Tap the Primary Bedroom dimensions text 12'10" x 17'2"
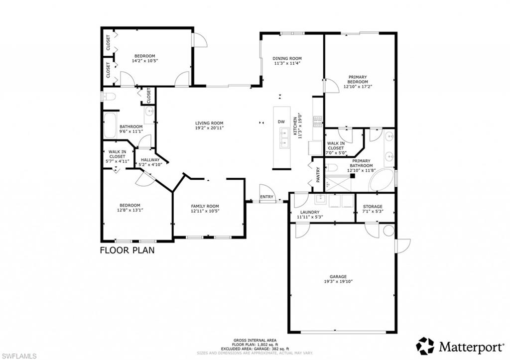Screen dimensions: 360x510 pos(358,87)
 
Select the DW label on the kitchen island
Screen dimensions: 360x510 pos(281,122)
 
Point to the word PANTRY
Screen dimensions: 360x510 pos(318,174)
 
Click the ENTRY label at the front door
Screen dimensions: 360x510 pos(266,197)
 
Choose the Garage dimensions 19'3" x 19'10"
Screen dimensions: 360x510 pos(338,282)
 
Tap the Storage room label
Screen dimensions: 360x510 pos(373,206)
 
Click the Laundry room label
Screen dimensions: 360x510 pos(309,212)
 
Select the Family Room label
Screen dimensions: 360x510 pos(205,206)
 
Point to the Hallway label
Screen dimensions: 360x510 pos(150,160)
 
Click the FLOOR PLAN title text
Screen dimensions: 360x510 pos(127,250)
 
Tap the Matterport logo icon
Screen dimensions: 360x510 pos(425,346)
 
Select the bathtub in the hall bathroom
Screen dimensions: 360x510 pos(110,125)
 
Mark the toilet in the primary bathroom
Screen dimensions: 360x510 pos(333,167)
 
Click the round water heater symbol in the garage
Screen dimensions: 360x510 pos(388,231)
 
